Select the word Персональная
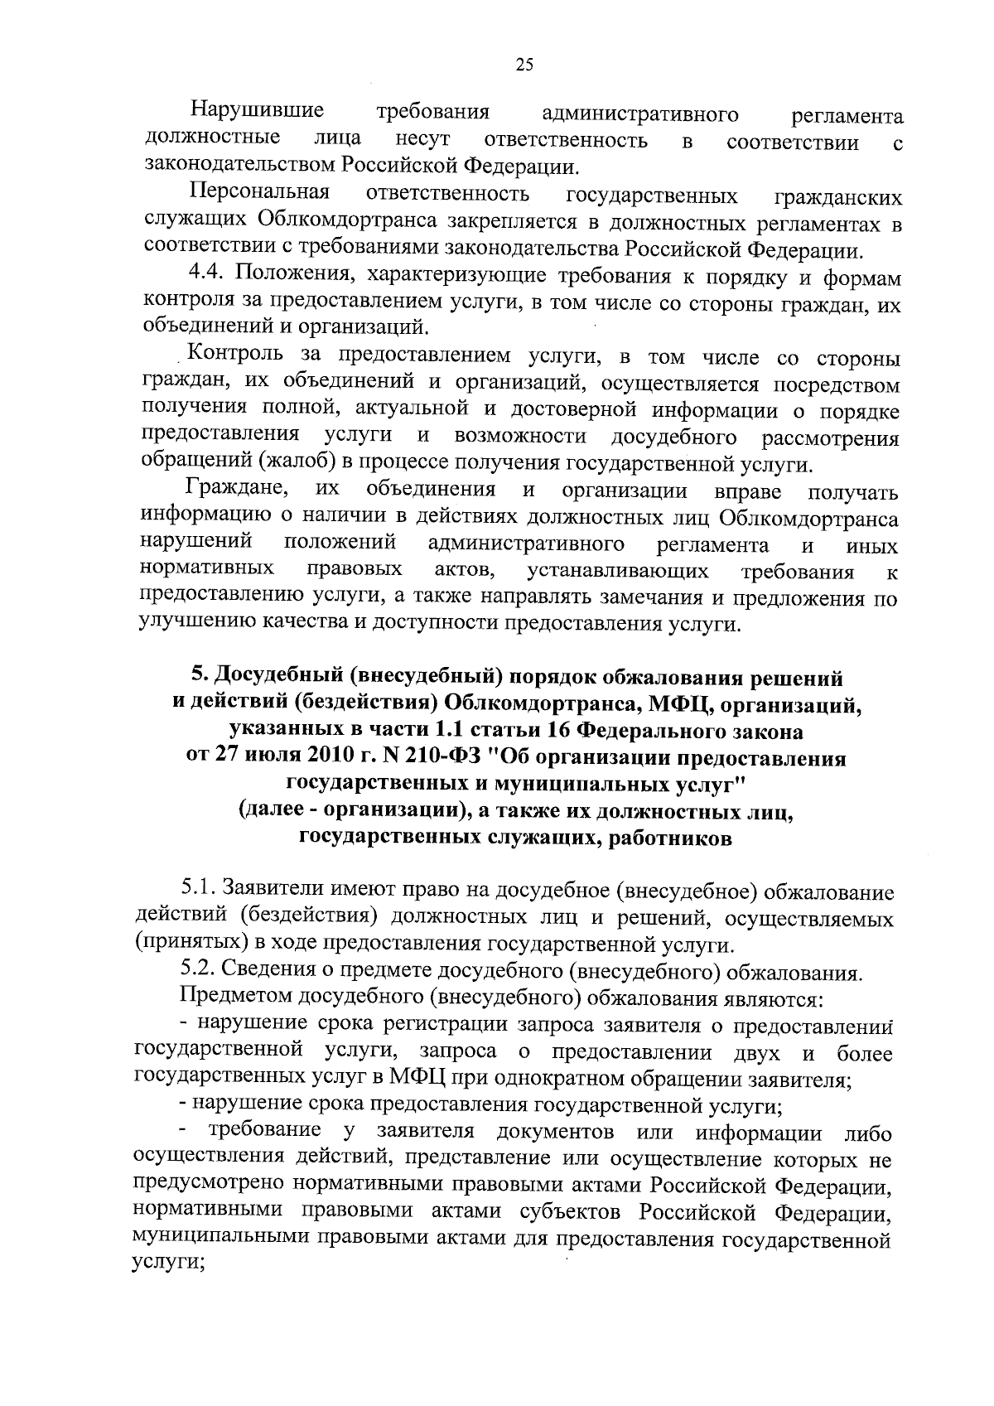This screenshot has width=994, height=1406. pyautogui.click(x=260, y=194)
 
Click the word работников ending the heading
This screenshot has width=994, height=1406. pyautogui.click(x=669, y=838)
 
